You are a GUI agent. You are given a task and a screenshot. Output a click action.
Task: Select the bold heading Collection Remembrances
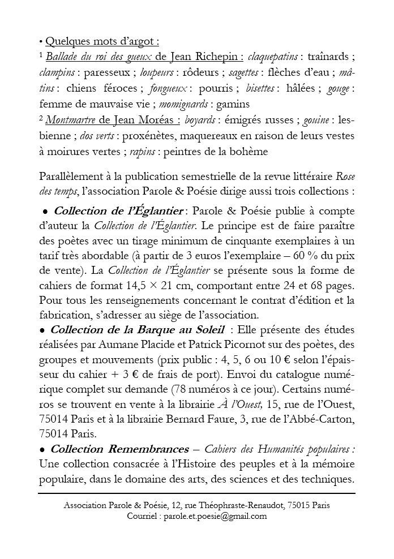119,449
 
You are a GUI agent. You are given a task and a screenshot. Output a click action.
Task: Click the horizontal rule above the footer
197,493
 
